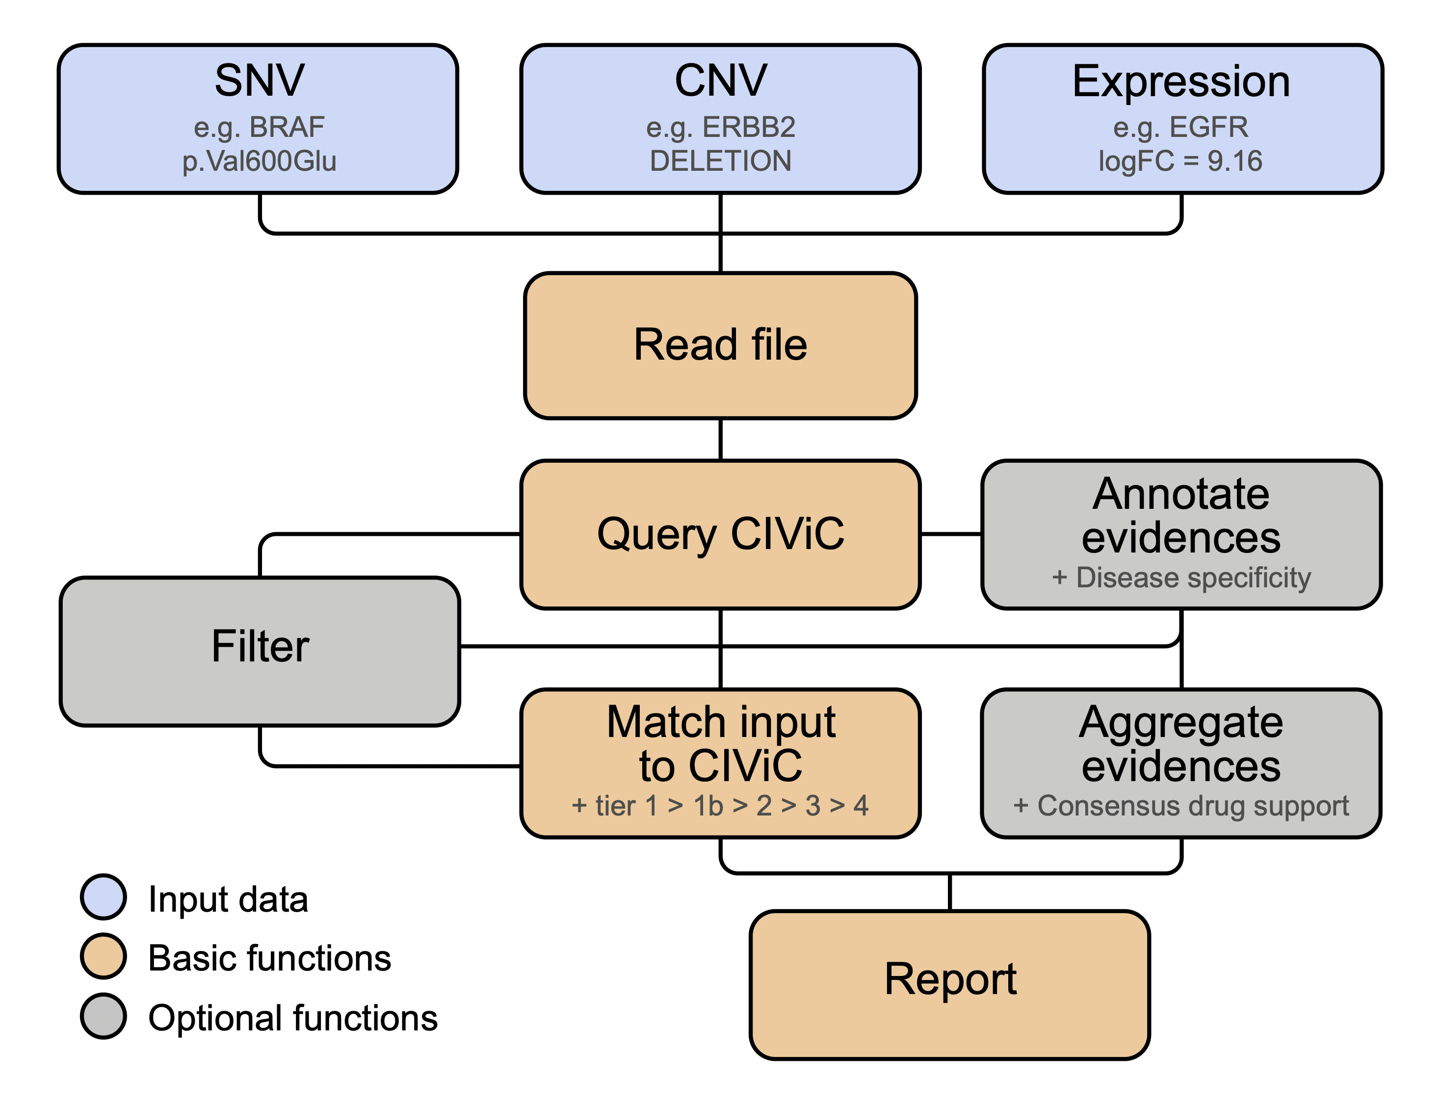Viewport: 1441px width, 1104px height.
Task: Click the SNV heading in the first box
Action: (x=260, y=81)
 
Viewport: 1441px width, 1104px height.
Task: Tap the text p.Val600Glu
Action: (x=259, y=161)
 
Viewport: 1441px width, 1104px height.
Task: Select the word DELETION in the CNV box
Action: (x=720, y=161)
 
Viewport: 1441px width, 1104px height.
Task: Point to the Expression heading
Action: (x=1181, y=81)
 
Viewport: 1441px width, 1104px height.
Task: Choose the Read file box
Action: (x=720, y=345)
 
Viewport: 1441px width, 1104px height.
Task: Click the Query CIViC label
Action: (x=720, y=534)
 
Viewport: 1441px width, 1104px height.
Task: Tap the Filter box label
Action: (x=260, y=646)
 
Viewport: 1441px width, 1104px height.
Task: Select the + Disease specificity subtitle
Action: (x=1181, y=578)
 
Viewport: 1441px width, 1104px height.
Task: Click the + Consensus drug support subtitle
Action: (x=1181, y=806)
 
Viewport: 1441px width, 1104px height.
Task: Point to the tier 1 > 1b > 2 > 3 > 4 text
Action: (x=720, y=806)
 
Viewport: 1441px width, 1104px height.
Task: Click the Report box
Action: (x=949, y=979)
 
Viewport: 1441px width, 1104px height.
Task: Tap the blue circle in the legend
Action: (x=103, y=897)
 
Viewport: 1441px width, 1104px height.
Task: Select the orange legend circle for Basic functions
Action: (x=103, y=957)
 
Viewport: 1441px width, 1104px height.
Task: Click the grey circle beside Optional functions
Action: (x=103, y=1016)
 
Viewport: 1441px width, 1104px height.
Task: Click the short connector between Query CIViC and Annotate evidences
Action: (x=950, y=534)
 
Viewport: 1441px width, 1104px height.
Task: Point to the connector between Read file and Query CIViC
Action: (x=721, y=439)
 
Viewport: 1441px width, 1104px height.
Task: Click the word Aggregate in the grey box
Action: (x=1181, y=723)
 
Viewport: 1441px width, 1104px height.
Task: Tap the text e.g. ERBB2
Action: (x=720, y=127)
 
